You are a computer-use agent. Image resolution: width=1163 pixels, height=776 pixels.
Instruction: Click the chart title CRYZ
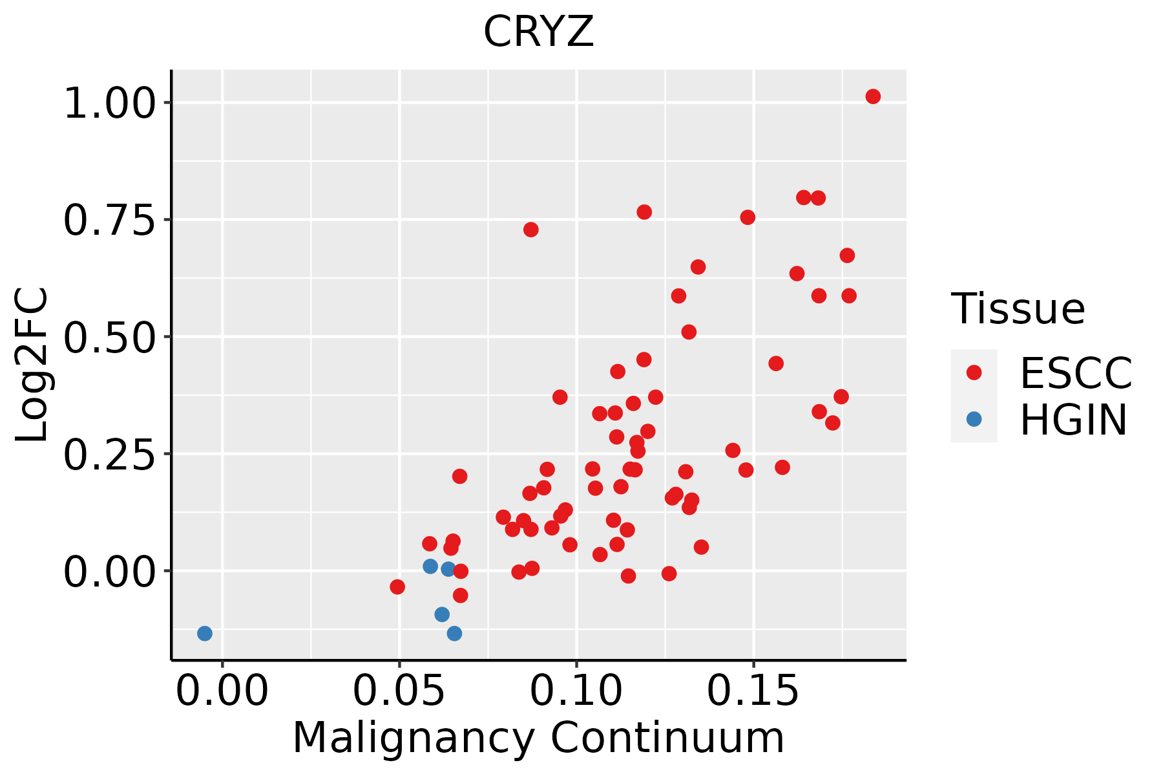[538, 32]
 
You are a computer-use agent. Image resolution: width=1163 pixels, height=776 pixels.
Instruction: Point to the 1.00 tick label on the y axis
[110, 103]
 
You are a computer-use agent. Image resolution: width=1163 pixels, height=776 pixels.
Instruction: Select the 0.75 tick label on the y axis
[110, 220]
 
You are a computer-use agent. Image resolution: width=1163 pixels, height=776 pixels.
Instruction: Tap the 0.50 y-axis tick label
[110, 337]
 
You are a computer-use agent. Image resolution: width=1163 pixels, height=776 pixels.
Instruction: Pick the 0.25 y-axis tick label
[110, 454]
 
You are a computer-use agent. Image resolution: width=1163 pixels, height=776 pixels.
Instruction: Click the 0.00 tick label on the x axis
[222, 691]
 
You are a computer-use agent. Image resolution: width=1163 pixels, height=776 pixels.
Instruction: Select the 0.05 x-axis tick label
[399, 691]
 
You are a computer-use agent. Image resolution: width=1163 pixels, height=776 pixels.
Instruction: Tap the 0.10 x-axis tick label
[577, 691]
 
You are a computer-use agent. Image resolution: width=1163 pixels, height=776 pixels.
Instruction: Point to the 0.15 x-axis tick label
[753, 691]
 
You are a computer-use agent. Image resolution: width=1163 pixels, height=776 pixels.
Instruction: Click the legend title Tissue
[1018, 308]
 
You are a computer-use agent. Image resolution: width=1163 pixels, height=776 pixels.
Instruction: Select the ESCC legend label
[1076, 372]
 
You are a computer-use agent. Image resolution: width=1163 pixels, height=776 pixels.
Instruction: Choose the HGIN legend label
[1074, 420]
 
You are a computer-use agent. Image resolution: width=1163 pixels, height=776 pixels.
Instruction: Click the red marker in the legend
[974, 372]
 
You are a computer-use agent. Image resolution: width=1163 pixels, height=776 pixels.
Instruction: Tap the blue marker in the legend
[974, 420]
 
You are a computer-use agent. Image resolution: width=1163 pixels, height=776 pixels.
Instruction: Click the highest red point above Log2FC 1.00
[873, 96]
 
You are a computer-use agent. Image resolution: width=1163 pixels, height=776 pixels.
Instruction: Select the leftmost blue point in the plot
[205, 633]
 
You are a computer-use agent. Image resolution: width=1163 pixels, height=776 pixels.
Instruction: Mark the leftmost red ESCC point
[397, 587]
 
